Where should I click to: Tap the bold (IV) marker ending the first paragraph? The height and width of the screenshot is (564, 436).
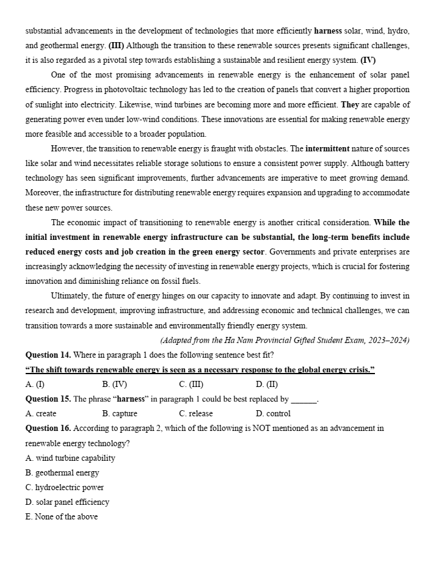(x=368, y=60)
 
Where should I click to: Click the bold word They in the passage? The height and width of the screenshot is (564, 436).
(x=350, y=104)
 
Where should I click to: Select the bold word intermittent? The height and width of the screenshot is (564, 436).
(x=336, y=148)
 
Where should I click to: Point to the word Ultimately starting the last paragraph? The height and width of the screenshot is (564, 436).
(x=71, y=296)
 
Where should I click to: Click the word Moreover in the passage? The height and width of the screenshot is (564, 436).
(x=42, y=193)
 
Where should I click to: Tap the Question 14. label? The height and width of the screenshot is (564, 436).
(x=48, y=355)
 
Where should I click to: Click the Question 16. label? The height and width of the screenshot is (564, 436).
(x=48, y=428)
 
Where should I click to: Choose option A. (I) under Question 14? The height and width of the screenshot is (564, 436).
(x=35, y=385)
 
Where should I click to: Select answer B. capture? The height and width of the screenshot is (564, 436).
(x=120, y=414)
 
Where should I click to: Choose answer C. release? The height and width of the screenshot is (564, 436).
(x=196, y=414)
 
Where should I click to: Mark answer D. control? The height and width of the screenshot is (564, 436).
(x=274, y=414)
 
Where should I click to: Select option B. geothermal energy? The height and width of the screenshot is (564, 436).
(x=62, y=473)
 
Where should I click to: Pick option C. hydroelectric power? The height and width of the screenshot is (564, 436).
(x=65, y=488)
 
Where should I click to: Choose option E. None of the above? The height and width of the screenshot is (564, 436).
(x=62, y=517)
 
